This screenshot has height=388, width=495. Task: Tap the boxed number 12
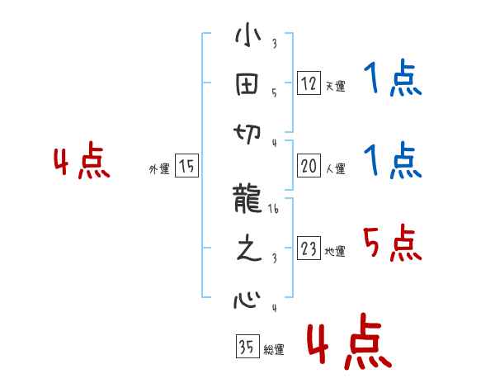coord(309,83)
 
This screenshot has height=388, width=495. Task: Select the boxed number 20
coord(309,166)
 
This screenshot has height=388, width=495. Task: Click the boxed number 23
coord(309,249)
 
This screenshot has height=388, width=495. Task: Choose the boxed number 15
coord(186,167)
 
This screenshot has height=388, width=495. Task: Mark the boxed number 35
coord(246,348)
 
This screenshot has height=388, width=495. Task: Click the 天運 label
coord(335,86)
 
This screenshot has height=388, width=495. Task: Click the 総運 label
coord(274,350)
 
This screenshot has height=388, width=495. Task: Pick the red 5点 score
coord(390,244)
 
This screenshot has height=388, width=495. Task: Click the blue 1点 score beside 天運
coord(392,81)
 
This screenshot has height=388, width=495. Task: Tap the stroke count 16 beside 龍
coord(273,211)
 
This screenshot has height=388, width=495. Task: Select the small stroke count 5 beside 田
coord(274,93)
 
